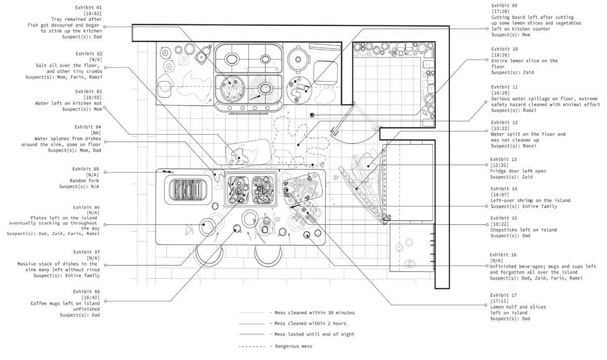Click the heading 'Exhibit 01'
(x=89, y=8)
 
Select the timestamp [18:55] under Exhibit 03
(x=93, y=97)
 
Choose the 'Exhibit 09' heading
(x=504, y=5)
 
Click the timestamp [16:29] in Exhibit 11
(x=500, y=93)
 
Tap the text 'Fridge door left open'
(x=518, y=171)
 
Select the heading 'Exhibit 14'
(x=503, y=189)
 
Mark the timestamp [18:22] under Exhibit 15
(x=500, y=224)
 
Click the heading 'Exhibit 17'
(x=503, y=295)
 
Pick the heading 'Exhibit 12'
(x=504, y=122)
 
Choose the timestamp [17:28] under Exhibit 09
(x=500, y=11)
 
